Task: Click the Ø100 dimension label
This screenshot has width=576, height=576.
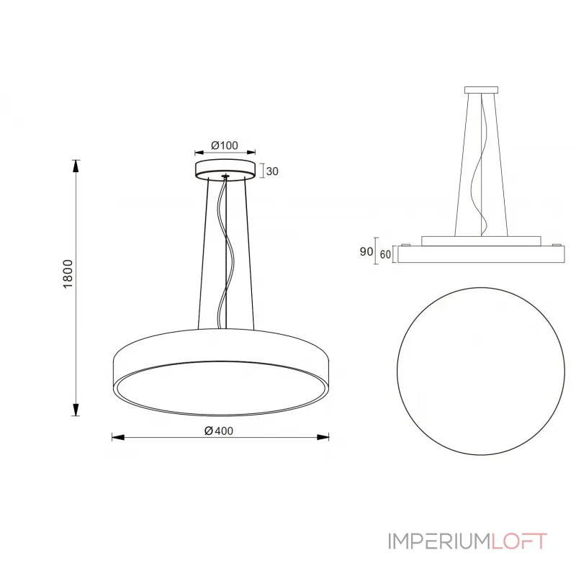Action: coord(225,145)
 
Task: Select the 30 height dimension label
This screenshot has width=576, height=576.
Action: coord(272,171)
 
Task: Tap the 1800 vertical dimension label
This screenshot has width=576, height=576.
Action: coord(68,274)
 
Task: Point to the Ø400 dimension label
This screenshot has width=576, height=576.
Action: coord(219,431)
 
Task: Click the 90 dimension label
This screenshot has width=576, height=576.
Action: coord(366,251)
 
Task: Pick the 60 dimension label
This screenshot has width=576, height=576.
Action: coord(385,254)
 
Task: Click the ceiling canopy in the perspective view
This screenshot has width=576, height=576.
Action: coord(225,169)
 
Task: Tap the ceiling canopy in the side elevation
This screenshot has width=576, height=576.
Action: coord(481,90)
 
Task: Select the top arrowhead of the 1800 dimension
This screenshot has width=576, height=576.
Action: coord(76,166)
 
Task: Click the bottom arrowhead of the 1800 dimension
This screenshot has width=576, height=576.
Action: coord(76,410)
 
